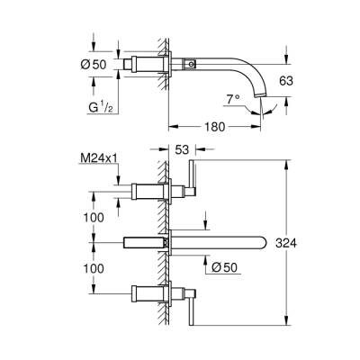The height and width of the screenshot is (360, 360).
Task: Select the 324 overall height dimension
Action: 311,241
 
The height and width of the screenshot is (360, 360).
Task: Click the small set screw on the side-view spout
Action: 191,65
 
